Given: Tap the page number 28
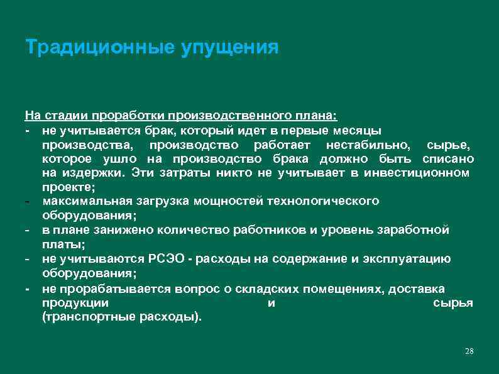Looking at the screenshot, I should click(x=468, y=350).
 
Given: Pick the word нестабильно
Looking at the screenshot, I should click(x=372, y=145).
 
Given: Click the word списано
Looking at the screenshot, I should click(x=448, y=158).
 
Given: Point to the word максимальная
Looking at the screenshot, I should click(x=86, y=201).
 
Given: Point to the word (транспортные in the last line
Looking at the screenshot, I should click(x=82, y=317).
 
